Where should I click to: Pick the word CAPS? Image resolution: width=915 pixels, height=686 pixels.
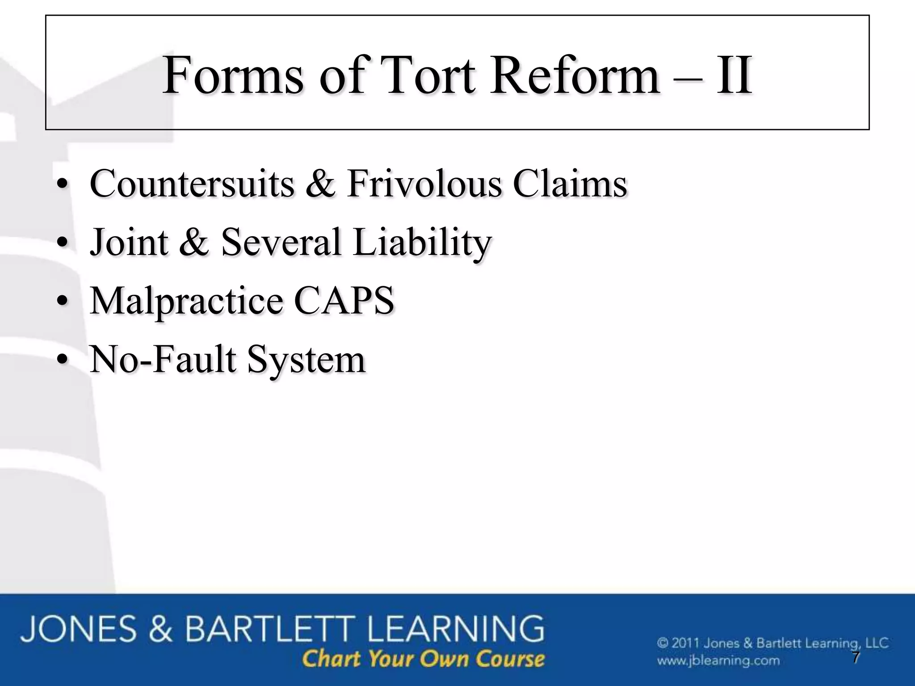[344, 300]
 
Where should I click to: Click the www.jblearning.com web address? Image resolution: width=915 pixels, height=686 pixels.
[718, 661]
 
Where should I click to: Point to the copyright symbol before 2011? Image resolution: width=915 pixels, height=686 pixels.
[663, 644]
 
